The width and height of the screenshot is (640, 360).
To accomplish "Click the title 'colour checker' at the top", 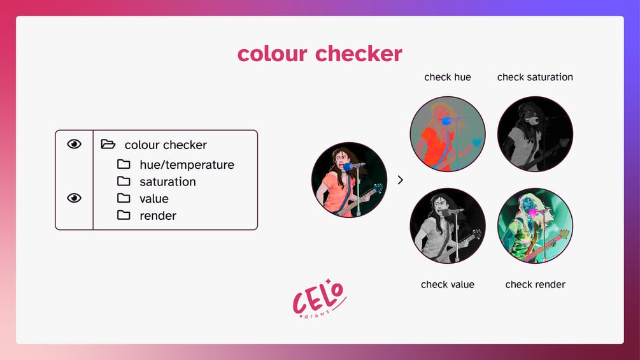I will [x=320, y=54].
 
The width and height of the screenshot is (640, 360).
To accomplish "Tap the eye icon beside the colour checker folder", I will [x=75, y=144].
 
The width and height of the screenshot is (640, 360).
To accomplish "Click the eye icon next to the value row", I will [x=75, y=198].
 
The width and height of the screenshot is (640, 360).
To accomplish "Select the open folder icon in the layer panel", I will [x=108, y=145].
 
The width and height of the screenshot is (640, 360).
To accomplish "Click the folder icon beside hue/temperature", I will [x=124, y=164].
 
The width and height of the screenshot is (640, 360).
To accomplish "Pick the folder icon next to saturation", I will [x=124, y=182].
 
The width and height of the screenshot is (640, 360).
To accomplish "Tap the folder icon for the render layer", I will [x=124, y=215].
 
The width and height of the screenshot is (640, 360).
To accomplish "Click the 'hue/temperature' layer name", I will [x=187, y=165].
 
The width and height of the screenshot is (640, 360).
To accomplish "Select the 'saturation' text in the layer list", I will [x=167, y=182].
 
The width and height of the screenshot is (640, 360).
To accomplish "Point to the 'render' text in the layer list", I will [x=158, y=215].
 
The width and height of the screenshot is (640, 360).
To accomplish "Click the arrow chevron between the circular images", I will [x=400, y=180].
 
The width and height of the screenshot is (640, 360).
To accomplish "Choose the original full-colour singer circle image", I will [x=349, y=180].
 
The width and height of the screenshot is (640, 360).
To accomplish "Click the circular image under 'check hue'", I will [x=448, y=134].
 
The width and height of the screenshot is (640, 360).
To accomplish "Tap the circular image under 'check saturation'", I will [x=535, y=134].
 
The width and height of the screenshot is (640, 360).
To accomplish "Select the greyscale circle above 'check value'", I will [x=448, y=226].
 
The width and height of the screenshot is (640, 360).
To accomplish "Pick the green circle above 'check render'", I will [x=535, y=226].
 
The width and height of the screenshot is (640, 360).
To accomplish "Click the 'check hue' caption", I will [x=448, y=77].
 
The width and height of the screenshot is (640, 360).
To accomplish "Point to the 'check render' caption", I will [x=535, y=284].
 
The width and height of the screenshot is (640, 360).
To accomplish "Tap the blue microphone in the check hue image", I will [x=446, y=120].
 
